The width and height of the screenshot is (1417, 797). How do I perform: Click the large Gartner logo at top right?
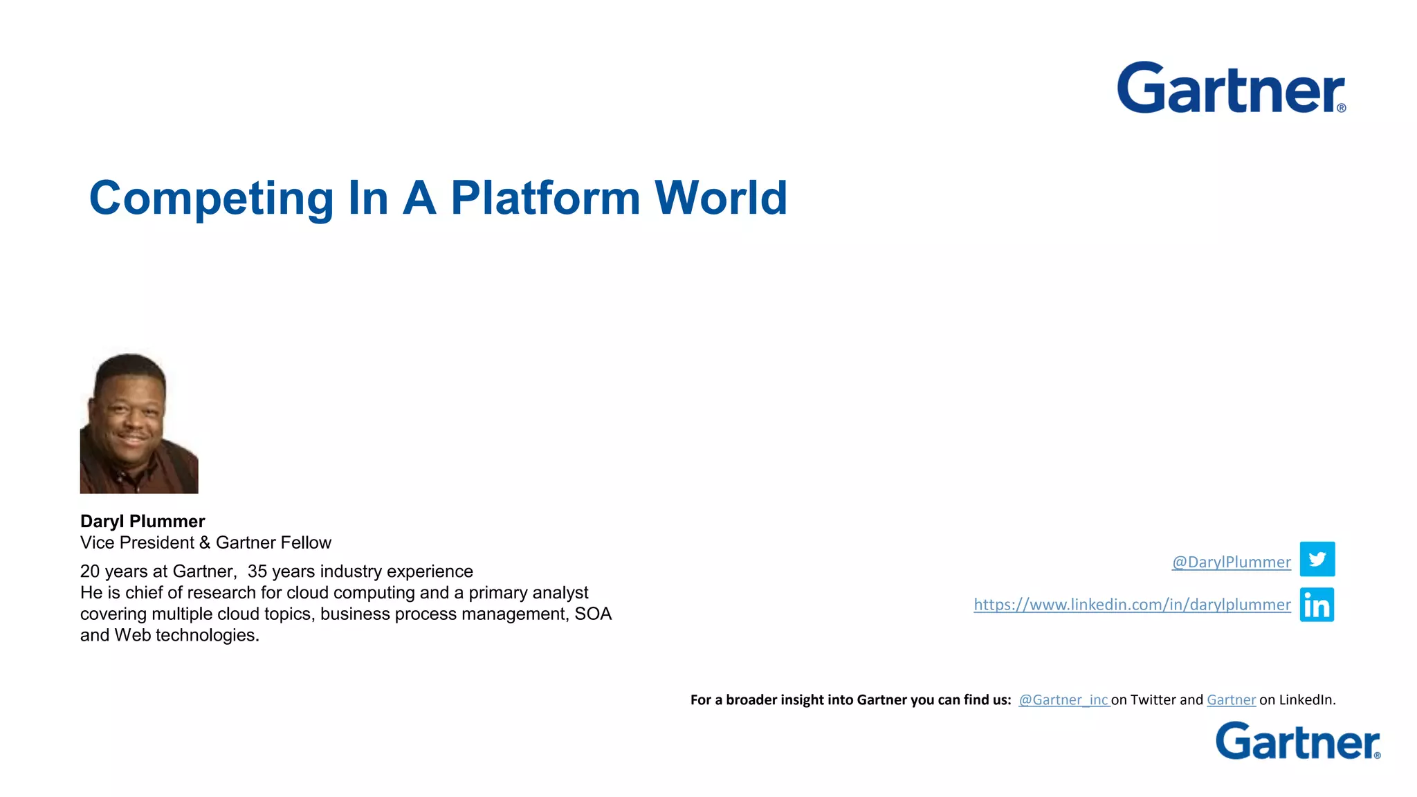1231,88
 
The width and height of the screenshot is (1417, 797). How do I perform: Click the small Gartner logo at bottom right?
1297,741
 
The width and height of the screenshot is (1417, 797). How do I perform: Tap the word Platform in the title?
546,198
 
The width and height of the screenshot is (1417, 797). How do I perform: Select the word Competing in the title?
212,199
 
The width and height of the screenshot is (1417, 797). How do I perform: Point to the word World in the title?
720,198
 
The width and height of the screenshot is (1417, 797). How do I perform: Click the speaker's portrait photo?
139,423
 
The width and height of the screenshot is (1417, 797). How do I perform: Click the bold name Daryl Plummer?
143,521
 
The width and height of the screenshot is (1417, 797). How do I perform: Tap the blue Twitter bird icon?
1317,559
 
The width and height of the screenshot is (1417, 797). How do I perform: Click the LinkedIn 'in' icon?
1317,605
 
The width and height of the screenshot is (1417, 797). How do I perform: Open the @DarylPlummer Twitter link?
1231,562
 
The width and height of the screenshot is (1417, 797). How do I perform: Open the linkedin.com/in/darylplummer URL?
1132,605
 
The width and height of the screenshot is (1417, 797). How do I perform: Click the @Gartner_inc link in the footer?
1063,699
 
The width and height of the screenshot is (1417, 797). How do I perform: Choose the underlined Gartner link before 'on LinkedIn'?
1231,699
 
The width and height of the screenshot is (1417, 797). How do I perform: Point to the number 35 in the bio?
257,571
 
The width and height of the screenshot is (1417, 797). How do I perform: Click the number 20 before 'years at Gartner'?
90,571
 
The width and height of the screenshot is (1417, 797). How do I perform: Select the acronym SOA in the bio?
593,614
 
